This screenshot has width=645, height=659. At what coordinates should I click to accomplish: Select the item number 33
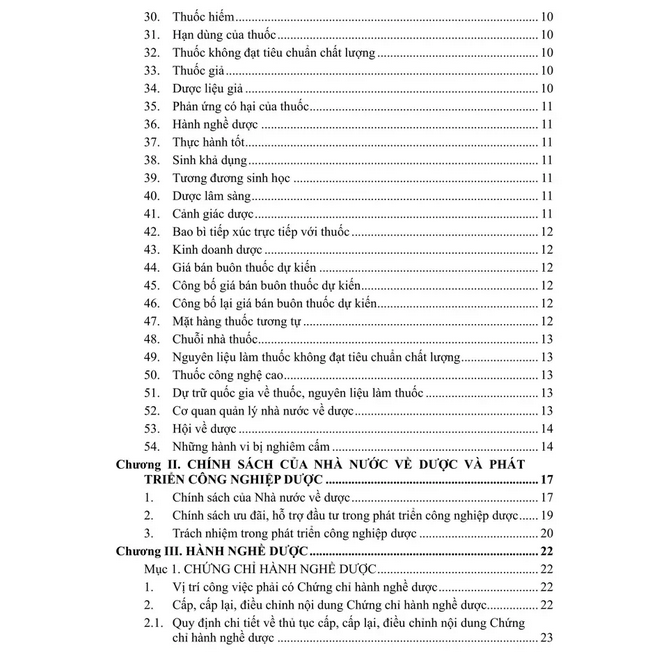[152, 71]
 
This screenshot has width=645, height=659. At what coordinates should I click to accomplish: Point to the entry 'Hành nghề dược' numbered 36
[215, 124]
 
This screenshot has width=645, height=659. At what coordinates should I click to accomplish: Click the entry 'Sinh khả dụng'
[209, 160]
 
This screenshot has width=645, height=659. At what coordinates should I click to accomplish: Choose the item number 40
[152, 195]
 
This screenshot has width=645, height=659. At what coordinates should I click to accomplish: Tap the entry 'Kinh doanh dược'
[216, 249]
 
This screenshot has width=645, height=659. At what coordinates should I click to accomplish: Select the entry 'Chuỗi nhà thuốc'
[214, 338]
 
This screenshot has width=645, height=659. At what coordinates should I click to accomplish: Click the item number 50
[152, 374]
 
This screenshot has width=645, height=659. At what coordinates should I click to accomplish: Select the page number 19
[546, 516]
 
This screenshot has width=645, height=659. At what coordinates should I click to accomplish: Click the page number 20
[546, 534]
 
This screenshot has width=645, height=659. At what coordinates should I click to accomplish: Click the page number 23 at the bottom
[546, 640]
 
